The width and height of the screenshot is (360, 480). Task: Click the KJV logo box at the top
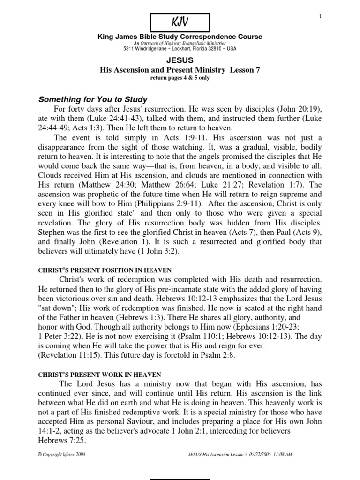click(x=180, y=22)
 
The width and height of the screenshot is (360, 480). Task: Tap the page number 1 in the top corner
click(x=321, y=16)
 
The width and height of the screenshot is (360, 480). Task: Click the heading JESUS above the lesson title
click(x=180, y=60)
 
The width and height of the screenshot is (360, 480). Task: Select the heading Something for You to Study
click(x=93, y=99)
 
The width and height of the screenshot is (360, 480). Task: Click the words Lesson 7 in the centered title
click(x=244, y=70)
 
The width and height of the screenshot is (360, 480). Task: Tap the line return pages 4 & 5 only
click(x=180, y=78)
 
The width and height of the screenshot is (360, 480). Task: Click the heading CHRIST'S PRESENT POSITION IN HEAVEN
click(x=104, y=270)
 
